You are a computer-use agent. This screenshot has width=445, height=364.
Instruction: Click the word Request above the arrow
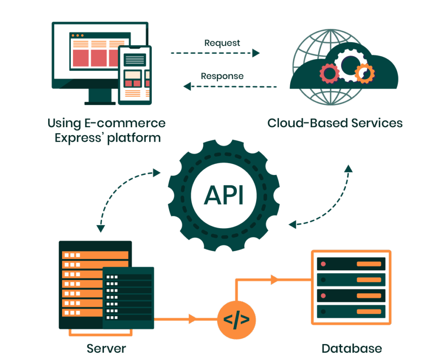point(222,43)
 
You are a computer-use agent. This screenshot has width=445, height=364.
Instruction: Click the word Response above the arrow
point(222,76)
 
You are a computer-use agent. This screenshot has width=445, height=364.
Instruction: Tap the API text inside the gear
point(224,196)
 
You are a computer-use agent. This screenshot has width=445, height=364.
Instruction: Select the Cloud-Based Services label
point(335,123)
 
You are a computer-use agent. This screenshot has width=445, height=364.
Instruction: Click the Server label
point(106,348)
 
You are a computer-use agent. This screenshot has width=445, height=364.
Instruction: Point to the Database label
point(352,348)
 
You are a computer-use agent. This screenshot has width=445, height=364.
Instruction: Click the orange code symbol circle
point(236,320)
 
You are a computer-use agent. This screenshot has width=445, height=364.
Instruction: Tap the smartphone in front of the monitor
point(136,75)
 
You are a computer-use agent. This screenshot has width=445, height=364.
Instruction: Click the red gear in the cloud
point(329,73)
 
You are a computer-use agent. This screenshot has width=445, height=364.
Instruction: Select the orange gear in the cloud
point(364,73)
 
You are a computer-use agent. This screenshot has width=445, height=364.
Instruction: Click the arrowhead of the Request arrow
point(256,53)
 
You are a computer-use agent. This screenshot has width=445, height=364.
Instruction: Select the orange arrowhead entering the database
point(274,280)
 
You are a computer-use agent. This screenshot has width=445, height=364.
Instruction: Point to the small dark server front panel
point(128,298)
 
